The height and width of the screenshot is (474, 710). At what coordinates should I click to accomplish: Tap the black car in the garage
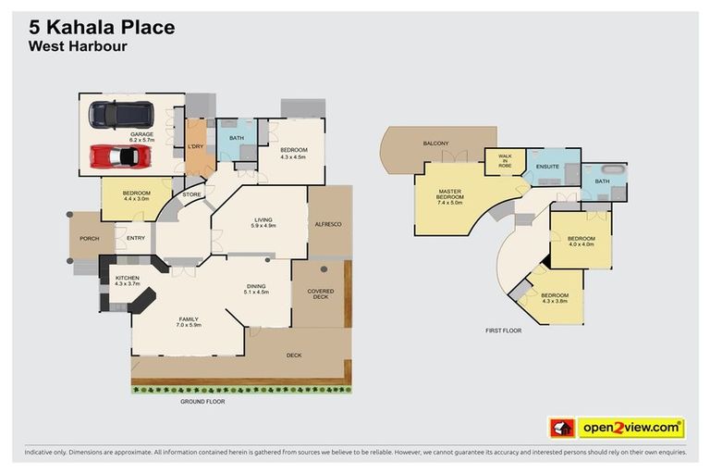[x=120, y=114]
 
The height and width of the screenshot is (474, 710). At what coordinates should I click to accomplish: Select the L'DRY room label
[x=196, y=146]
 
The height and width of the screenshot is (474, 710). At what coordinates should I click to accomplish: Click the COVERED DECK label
[x=320, y=294]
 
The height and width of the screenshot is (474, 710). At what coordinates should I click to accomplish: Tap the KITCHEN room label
[x=127, y=280]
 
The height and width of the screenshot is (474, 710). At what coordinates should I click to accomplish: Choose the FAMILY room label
[x=189, y=321]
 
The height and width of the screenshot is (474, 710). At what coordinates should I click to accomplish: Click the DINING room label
[x=256, y=289]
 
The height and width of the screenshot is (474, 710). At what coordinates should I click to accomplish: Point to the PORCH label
[x=90, y=238]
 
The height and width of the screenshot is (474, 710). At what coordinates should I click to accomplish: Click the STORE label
[x=191, y=194]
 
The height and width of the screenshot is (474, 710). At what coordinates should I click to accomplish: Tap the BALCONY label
[x=435, y=143]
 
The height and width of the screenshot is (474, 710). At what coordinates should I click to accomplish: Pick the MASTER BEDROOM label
[x=449, y=196]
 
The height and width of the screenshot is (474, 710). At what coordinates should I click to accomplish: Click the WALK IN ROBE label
[x=505, y=161]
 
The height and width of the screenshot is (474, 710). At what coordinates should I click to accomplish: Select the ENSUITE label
[x=547, y=167]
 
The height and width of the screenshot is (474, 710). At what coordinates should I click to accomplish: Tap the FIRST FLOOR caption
[x=504, y=330]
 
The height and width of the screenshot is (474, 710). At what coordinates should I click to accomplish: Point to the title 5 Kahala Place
[x=102, y=28]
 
